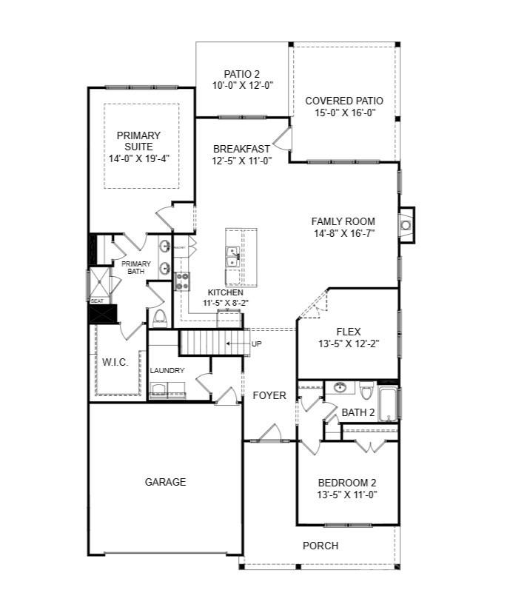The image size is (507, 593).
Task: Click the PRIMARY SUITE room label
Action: click(138, 141)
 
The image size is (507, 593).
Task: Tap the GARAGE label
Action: click(165, 482)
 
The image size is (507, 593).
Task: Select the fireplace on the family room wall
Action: click(406, 224)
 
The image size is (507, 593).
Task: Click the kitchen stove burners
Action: click(182, 281)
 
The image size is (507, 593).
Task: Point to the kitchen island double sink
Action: click(232, 256)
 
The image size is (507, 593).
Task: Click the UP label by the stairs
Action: click(257, 344)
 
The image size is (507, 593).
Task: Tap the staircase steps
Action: click(211, 344)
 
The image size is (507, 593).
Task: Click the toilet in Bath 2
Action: click(366, 389)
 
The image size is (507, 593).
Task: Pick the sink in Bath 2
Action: click(340, 388)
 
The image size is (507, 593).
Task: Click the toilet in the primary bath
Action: click(159, 316)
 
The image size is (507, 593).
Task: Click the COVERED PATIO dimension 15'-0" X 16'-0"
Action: click(344, 113)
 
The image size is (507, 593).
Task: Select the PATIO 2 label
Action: click(241, 73)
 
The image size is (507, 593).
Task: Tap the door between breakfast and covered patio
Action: click(283, 138)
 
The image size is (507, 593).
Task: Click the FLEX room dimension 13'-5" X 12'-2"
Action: click(348, 344)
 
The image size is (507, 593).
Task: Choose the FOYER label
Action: click(269, 395)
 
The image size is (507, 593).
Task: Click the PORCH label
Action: click(320, 546)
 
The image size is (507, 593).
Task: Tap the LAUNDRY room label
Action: click(167, 371)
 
